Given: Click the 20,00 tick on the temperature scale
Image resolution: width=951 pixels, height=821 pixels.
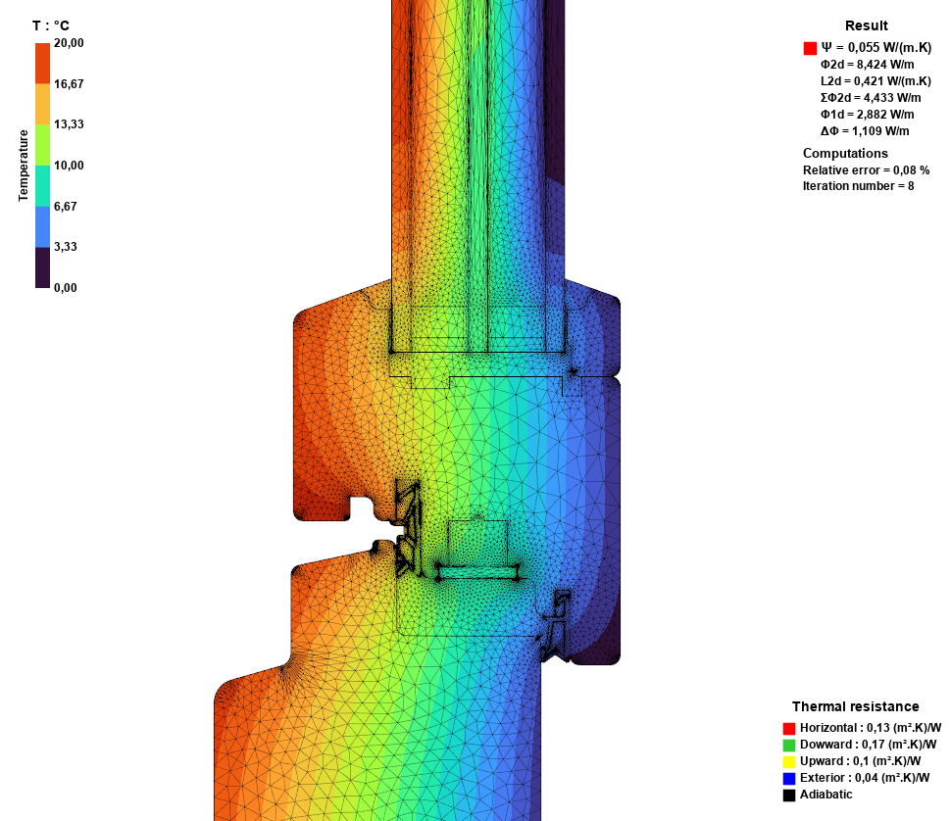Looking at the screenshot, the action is (x=69, y=43).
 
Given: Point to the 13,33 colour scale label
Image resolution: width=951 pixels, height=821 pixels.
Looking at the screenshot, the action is (x=69, y=124).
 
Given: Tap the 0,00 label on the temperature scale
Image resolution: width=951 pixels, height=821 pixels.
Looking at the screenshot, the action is (x=66, y=288).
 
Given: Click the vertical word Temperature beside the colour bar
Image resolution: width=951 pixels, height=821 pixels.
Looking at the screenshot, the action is (x=24, y=166).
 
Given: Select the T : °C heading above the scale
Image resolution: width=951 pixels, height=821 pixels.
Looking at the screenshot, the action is (x=51, y=25).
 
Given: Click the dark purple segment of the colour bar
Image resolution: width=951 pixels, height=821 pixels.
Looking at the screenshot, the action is (x=42, y=267).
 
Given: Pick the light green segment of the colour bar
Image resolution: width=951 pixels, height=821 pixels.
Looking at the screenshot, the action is (x=42, y=145).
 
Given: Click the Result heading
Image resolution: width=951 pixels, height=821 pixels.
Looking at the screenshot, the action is (x=866, y=25).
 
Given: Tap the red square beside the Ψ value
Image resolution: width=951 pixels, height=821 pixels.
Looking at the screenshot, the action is (x=810, y=48).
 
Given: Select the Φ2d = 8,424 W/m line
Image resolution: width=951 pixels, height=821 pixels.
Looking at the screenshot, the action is (x=868, y=65).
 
